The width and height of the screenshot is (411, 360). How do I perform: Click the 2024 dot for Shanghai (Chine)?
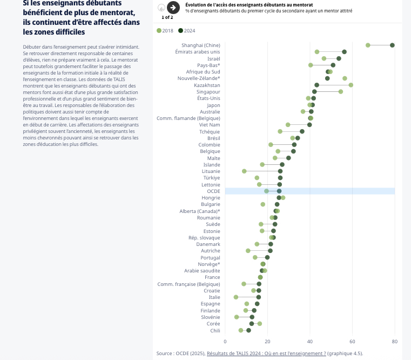(392, 45)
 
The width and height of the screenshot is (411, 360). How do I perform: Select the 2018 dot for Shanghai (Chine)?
(368, 45)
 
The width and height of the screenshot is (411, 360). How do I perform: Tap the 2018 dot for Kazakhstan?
(351, 85)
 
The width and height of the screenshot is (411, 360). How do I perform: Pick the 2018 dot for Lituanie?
(244, 171)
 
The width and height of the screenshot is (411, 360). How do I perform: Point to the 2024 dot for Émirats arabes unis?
(344, 52)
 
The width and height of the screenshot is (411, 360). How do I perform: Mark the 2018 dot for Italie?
(236, 297)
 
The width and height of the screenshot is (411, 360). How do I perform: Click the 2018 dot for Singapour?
(341, 91)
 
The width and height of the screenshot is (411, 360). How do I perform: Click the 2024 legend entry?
(186, 30)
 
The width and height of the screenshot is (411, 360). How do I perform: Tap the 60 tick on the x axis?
(352, 341)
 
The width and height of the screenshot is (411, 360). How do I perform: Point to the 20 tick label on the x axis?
(267, 341)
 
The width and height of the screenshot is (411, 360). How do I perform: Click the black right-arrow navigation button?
(173, 8)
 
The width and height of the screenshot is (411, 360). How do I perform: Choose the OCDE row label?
(213, 191)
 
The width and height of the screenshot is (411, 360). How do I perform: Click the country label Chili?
(215, 330)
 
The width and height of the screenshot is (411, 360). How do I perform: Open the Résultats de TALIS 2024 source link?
(266, 354)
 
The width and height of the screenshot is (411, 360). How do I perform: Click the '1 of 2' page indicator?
(167, 17)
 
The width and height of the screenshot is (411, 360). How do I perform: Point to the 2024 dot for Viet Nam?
(309, 125)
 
